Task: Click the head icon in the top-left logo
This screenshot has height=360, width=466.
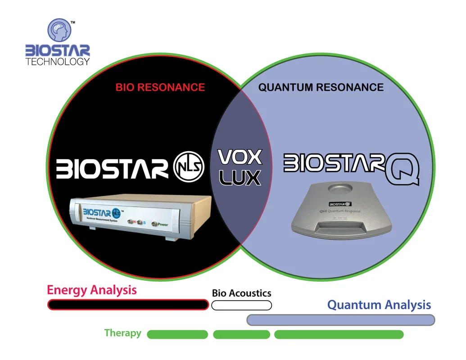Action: tap(59, 31)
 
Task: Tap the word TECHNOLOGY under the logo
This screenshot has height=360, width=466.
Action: tap(58, 62)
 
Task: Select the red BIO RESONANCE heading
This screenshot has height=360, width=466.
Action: tap(160, 87)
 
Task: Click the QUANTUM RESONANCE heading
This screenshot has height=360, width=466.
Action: tap(321, 87)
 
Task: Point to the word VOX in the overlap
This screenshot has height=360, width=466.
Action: tap(240, 157)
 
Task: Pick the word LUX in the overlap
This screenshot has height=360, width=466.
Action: tap(240, 177)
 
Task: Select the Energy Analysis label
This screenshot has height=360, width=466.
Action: tap(91, 290)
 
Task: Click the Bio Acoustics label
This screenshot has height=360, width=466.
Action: tap(241, 293)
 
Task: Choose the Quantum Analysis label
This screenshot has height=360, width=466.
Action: tap(379, 305)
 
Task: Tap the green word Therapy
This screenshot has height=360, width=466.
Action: tap(122, 333)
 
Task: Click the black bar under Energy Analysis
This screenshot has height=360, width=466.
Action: tap(128, 305)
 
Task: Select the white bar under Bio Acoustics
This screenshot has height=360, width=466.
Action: tap(241, 305)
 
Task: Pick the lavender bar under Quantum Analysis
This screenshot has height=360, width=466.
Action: tap(340, 319)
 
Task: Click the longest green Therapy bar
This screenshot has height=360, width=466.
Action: tap(339, 334)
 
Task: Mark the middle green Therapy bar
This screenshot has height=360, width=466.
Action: tap(241, 334)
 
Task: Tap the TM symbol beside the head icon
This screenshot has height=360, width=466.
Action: tap(72, 21)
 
